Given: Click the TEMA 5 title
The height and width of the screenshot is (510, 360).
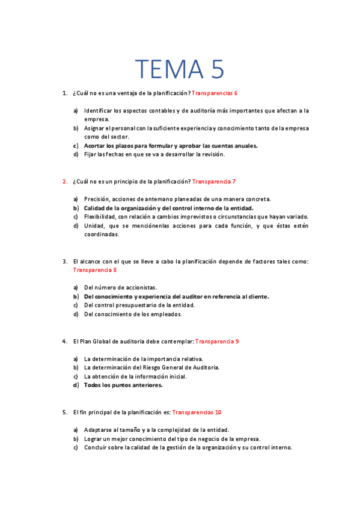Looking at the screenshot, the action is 180,69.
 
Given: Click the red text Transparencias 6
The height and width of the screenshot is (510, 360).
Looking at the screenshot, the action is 215,93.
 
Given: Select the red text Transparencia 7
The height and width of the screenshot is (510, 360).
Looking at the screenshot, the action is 213,181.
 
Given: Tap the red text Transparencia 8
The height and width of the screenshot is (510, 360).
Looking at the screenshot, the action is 94,270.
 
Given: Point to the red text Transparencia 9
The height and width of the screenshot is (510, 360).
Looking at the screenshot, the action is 217,341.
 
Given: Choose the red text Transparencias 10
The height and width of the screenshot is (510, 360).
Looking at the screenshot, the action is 197,412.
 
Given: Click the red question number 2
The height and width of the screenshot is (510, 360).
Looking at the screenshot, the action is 65,181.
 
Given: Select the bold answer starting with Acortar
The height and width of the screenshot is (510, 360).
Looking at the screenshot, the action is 171,146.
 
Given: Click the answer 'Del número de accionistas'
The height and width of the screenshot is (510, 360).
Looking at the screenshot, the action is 120,287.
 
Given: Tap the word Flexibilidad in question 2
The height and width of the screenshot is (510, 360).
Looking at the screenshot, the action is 99,217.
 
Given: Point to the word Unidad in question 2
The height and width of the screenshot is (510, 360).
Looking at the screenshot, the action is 93,226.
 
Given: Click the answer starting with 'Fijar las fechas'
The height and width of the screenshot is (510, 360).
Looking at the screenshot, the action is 154,155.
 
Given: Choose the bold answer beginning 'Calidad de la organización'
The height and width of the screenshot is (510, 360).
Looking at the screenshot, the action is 168,208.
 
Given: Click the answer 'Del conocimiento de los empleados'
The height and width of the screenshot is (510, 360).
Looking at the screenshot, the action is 133,314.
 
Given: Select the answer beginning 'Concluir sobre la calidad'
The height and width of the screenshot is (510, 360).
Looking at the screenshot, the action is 188,447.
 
